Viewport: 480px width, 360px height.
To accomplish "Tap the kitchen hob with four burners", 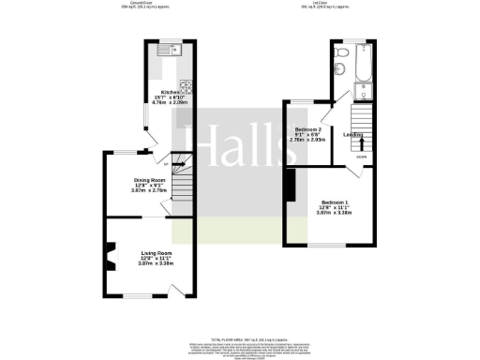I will coord(187,88).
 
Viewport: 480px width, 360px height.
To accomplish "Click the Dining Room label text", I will coord(150,183).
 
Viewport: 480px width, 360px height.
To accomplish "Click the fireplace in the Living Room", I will coord(111,253).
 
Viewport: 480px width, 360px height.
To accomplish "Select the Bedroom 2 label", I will coord(308,131).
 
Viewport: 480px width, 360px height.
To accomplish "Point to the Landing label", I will coord(353,135).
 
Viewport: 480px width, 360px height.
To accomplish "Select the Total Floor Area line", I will coord(240,337).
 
